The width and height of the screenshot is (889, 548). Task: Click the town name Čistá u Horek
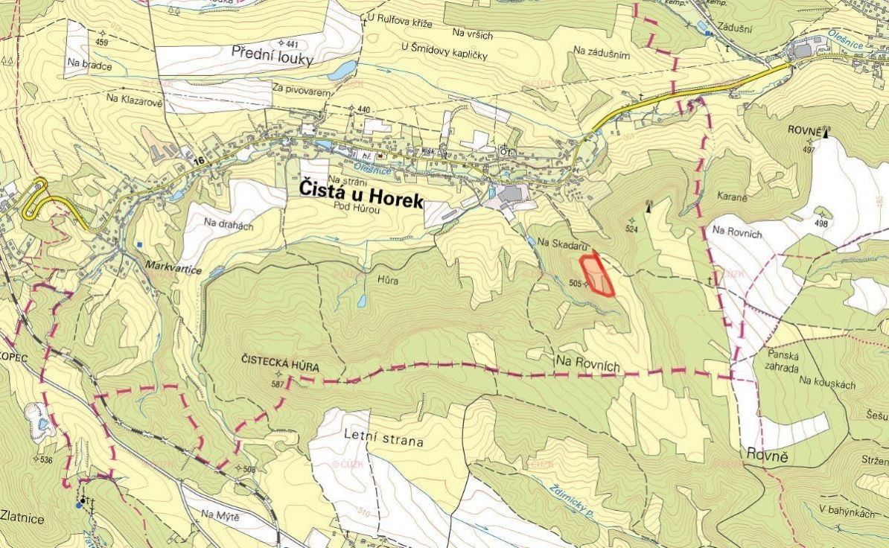coord(361,191)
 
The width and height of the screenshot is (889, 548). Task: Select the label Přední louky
coord(272,54)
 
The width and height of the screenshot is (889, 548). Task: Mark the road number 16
coord(197,161)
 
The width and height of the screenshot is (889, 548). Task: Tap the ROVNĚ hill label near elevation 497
coord(803,130)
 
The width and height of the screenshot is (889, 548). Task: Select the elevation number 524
coord(631,229)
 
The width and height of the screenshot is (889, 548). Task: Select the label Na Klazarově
coord(134,98)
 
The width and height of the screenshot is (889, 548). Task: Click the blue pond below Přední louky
coord(342,71)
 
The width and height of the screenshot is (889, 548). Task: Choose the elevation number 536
coord(45,459)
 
